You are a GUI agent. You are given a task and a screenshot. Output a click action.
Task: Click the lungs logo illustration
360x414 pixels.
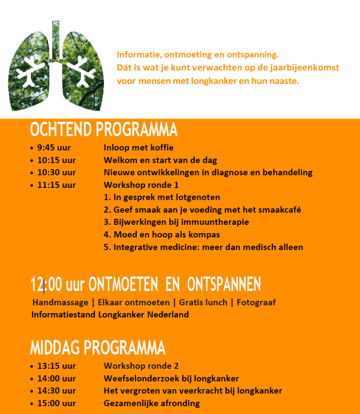coord(55,66)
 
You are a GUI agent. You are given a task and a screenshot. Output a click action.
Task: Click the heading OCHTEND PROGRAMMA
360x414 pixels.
coord(104,130)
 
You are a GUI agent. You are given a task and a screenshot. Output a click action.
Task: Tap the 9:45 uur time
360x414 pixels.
coord(54,148)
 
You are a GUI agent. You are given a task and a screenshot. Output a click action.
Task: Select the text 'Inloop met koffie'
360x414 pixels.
coord(138,148)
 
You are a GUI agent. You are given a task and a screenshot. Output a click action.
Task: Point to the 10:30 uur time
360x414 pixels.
coord(56,173)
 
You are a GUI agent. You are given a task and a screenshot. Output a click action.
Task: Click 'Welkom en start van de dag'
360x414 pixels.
coord(160,160)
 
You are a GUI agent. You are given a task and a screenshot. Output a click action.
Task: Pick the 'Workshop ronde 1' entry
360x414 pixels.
coord(141,185)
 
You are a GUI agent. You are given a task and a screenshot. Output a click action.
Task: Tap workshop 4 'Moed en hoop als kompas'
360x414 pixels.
coord(162,234)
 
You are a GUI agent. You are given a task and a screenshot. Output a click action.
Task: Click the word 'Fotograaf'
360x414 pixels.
coord(256,302)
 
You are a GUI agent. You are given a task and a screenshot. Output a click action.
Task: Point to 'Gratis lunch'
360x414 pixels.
coord(203,302)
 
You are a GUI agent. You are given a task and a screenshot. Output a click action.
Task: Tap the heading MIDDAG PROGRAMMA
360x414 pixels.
coord(97,348)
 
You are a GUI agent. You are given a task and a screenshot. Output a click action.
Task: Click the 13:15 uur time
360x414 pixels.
coord(56,366)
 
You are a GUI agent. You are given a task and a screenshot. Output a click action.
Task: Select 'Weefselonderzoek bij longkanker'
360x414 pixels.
coord(171,378)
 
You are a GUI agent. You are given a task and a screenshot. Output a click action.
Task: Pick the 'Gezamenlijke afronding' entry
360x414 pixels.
coord(151,403)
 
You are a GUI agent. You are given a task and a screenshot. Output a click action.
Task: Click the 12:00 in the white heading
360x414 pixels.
coord(46,284)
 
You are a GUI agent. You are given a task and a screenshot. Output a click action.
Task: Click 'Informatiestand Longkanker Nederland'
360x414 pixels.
coord(110,315)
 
